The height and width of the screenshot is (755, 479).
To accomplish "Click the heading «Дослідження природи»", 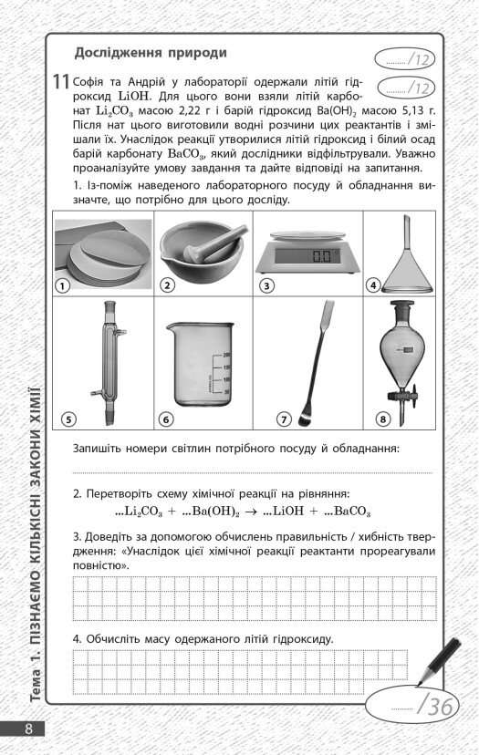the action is (151, 53).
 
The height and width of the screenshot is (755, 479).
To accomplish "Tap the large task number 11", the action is (61, 81).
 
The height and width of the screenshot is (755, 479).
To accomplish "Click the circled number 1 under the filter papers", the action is (63, 285).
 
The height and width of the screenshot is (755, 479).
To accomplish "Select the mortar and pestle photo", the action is (203, 251).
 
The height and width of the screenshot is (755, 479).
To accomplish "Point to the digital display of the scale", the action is (307, 255).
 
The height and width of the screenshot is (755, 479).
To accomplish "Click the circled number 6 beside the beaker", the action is (167, 419).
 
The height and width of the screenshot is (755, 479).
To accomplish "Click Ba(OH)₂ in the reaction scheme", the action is (215, 512).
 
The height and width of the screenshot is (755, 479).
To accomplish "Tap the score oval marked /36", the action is (411, 707).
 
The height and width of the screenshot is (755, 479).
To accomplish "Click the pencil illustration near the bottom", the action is (440, 660).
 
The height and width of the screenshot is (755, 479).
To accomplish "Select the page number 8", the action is (29, 729).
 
